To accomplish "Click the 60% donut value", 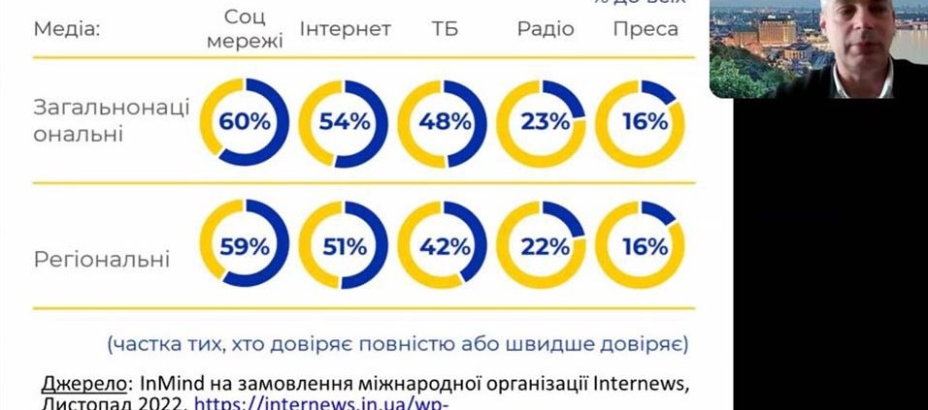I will pos(245,123).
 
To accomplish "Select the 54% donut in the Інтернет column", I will pos(345,123).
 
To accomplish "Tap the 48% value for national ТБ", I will pos(444,123).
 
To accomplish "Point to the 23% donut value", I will pos(544,123).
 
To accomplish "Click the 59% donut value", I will pos(245,246).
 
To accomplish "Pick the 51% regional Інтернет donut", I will pos(345,246).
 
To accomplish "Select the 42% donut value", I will pos(444,246).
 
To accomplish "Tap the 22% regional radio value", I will pos(544,246).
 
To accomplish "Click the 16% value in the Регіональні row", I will pos(642,246).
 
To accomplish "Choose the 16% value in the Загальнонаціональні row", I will pos(642,123).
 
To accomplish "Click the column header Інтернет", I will pos(345,29).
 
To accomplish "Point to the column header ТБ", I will pos(445,29).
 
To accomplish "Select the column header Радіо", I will pos(545,29).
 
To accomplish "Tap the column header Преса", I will pos(645,29).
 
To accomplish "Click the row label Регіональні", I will pos(102,260).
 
